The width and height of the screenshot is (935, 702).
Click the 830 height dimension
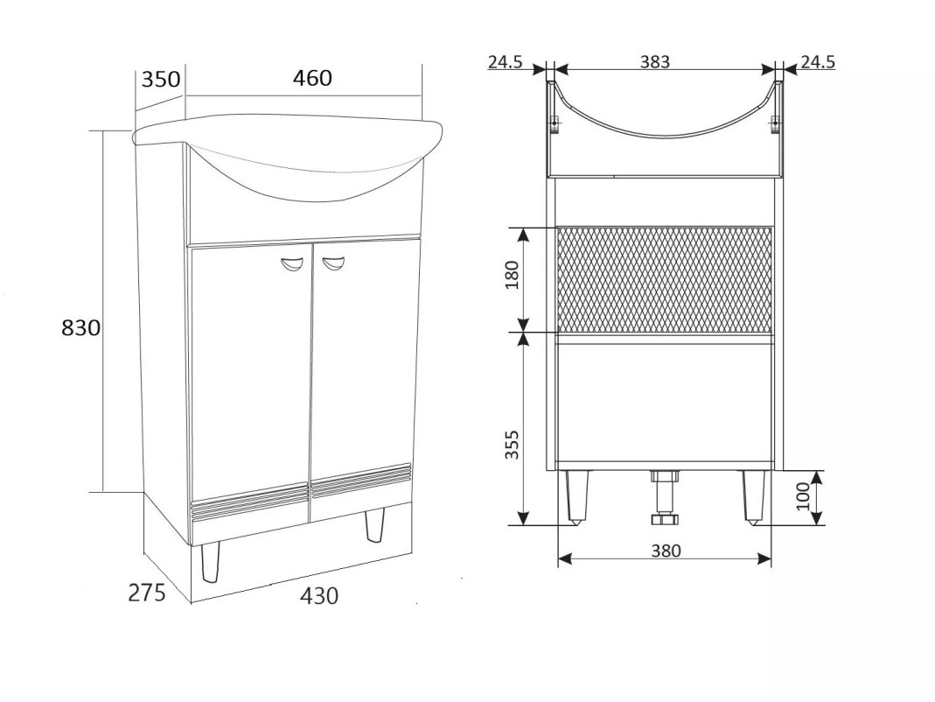[x=81, y=327]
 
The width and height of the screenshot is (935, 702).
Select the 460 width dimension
[x=312, y=78]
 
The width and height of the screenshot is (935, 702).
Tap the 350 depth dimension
[x=160, y=79]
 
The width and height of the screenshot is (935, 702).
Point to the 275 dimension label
[x=147, y=593]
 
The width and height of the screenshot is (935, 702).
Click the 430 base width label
[x=319, y=596]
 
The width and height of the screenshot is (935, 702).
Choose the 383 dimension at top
[x=655, y=61]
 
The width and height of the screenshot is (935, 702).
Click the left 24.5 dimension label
[x=505, y=61]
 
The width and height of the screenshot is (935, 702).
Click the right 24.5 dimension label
[x=818, y=61]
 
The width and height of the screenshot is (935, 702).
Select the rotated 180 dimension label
[x=513, y=275]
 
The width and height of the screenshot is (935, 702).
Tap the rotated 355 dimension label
[x=513, y=445]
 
